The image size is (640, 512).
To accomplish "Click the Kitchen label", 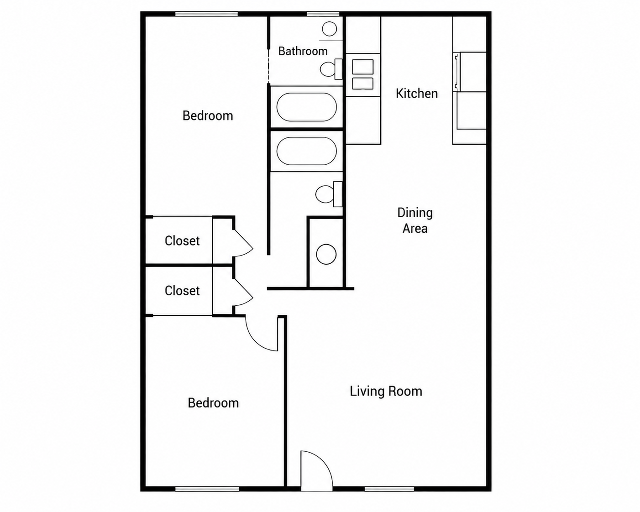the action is pos(417,94).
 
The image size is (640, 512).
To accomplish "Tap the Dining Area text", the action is pos(415,220).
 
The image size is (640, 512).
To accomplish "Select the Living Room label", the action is pos(386,391).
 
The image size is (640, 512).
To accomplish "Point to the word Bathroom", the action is pos(303,51).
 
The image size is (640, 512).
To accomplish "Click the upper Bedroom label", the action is pos(208,115).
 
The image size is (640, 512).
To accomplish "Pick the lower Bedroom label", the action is pos(213,403).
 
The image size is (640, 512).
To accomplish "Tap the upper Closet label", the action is pos(182,241).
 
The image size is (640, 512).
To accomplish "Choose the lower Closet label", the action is pos(182,291).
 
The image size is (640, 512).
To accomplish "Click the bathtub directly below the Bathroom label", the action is pos(307,107).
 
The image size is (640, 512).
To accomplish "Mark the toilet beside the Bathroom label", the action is pos(331,69).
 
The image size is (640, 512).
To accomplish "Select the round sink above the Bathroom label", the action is pos(330,29).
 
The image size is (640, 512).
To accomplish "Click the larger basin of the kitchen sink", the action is pos(362,67).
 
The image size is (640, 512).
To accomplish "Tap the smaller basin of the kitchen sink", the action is pos(362,83).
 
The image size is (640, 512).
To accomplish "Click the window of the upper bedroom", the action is pos(206,14).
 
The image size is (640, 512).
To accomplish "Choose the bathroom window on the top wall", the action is pos(323,14).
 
